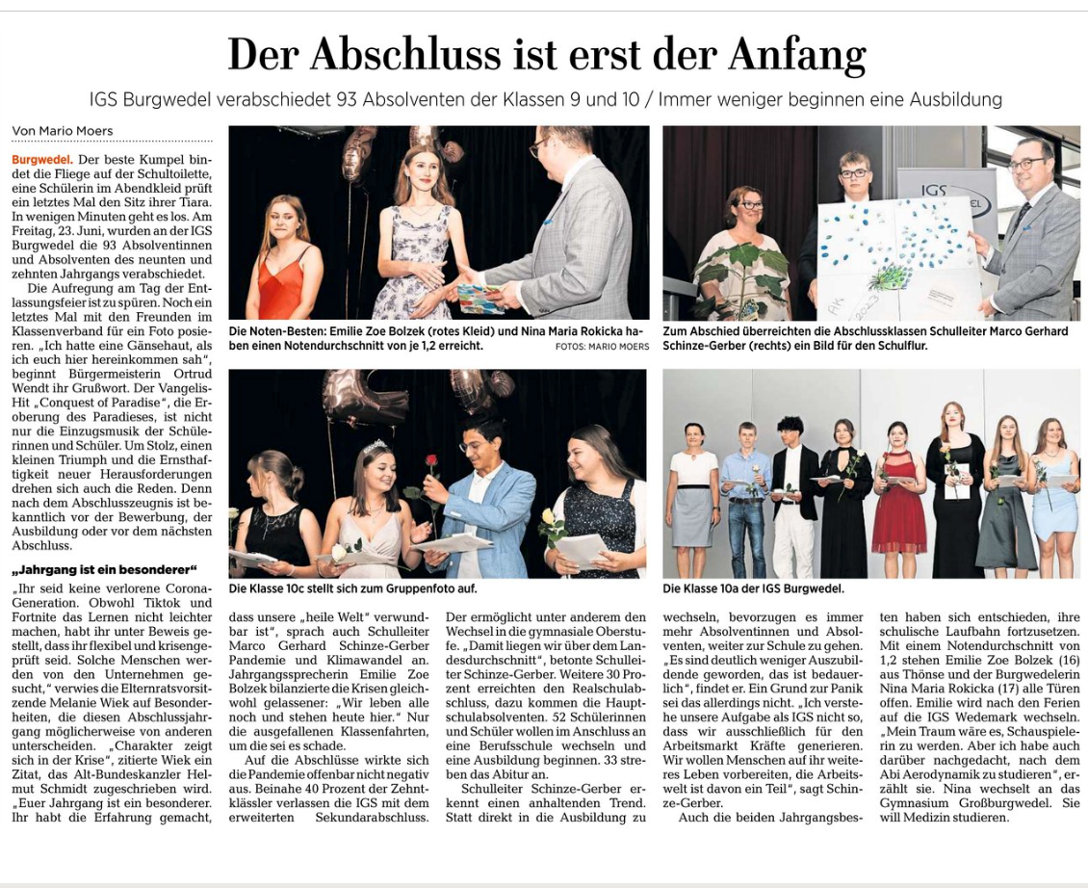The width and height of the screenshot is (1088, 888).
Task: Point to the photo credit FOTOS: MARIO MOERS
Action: pyautogui.click(x=602, y=347)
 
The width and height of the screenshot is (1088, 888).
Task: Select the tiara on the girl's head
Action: pyautogui.click(x=376, y=447)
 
